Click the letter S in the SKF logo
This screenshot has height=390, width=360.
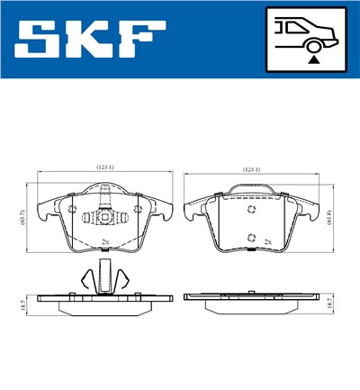43,40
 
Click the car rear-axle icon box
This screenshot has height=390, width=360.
305,41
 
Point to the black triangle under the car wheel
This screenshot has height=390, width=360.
312,59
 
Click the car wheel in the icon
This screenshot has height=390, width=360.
312,45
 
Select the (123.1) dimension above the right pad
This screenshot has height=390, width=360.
253,168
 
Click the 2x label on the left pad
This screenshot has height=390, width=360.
105,242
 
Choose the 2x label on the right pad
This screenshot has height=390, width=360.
268,242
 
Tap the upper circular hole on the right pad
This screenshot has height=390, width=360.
253,208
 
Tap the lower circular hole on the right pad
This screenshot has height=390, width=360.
253,238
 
